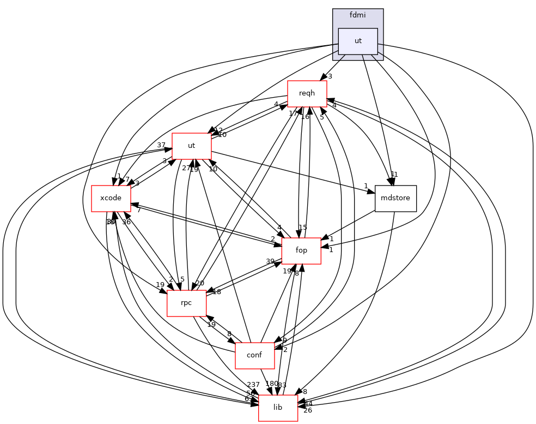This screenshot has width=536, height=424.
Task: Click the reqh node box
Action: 307,94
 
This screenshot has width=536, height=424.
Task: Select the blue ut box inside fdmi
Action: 358,41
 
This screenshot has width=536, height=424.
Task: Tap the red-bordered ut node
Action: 191,146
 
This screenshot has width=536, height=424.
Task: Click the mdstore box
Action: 396,199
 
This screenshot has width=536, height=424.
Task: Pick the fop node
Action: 301,250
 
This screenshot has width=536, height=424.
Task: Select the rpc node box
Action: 186,303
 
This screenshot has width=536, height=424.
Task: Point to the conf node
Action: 254,355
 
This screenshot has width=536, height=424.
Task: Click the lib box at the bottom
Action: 278,408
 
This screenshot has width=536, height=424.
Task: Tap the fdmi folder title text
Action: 358,15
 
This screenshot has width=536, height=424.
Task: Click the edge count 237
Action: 253,385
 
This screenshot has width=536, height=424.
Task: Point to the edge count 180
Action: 271,384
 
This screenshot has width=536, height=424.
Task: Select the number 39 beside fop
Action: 270,261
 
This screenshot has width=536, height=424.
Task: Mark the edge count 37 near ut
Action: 161,145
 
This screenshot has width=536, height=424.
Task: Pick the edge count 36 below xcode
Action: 126,222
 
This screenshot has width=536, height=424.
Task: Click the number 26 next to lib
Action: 308,410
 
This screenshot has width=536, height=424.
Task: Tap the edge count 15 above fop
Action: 303,227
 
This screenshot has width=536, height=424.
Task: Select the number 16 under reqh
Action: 305,117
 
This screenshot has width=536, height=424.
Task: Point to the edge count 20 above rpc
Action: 200,283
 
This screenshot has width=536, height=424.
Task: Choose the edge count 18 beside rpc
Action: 217,292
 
